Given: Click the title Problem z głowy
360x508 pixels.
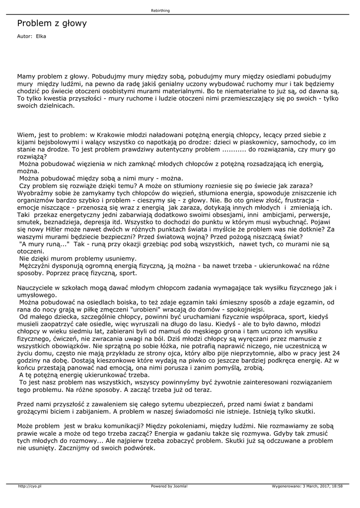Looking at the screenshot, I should (52, 23).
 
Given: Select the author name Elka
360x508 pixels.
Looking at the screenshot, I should (41, 36).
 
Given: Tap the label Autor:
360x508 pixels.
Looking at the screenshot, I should (24, 36).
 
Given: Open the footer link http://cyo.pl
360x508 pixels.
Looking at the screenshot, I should (29, 486).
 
